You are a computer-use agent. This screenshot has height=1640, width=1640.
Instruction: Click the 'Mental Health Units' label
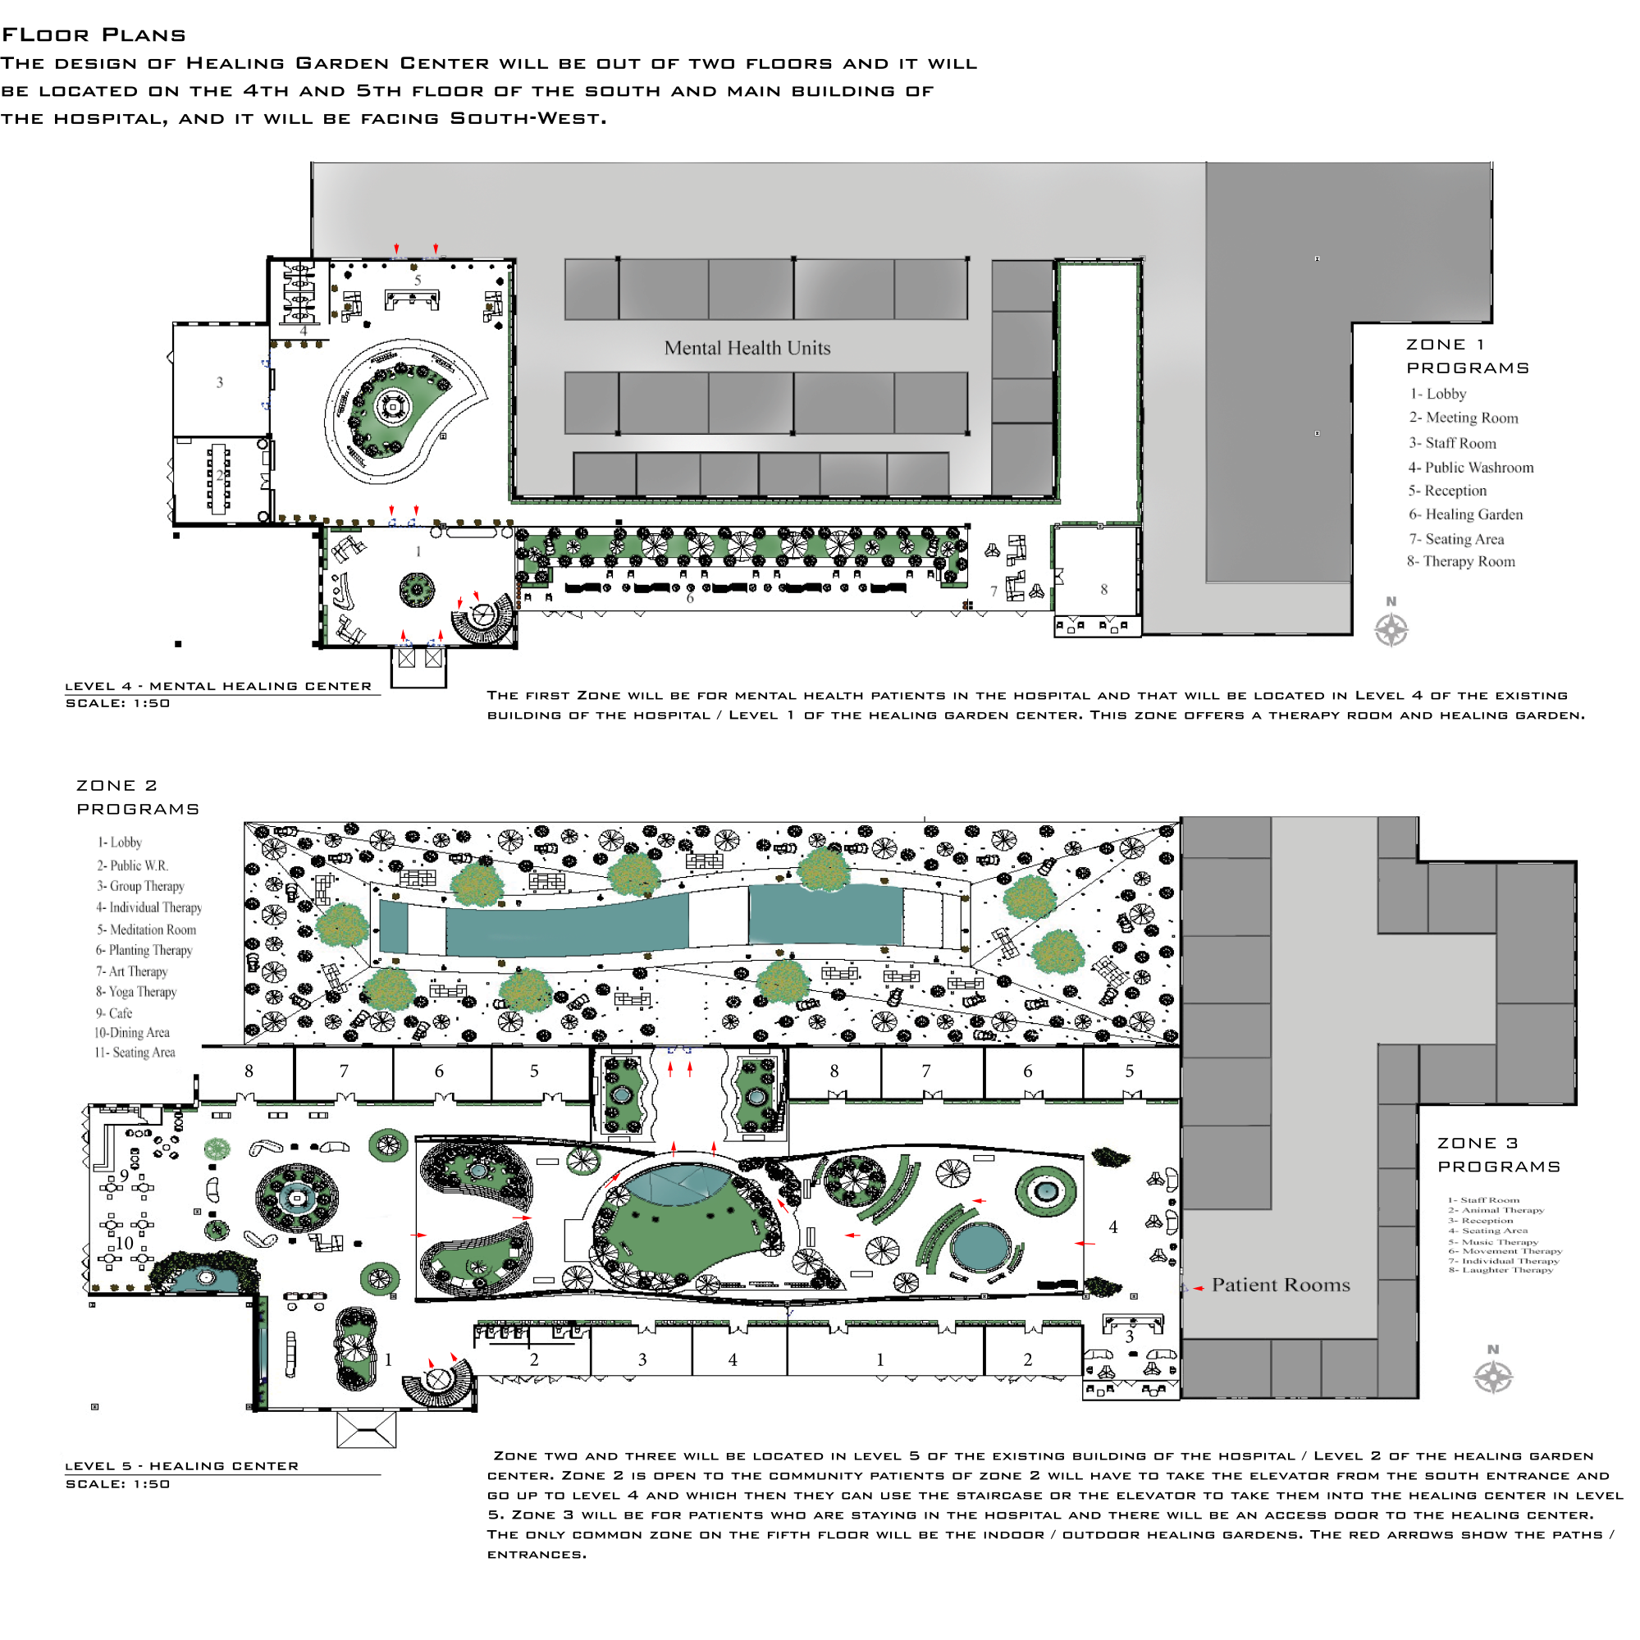[747, 348]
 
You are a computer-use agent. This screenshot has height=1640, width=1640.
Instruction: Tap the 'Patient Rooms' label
[1280, 1286]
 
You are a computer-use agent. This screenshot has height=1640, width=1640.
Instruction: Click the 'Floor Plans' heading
[94, 34]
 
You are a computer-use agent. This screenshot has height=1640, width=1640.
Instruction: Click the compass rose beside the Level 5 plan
[1493, 1377]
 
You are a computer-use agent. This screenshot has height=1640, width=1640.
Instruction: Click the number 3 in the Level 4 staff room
[220, 383]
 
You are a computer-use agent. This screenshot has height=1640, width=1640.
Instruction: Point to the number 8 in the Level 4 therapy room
[1103, 589]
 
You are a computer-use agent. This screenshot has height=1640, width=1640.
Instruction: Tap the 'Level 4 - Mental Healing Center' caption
[218, 686]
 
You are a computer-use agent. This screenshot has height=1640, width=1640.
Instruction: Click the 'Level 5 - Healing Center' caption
[181, 1466]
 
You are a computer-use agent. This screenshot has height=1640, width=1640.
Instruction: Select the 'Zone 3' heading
[1477, 1144]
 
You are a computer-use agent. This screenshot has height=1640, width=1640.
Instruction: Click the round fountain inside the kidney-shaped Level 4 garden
[393, 408]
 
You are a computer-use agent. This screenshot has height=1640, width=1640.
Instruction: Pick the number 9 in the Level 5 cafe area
[125, 1176]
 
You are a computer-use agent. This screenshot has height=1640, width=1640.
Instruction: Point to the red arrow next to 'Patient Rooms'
[1199, 1289]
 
